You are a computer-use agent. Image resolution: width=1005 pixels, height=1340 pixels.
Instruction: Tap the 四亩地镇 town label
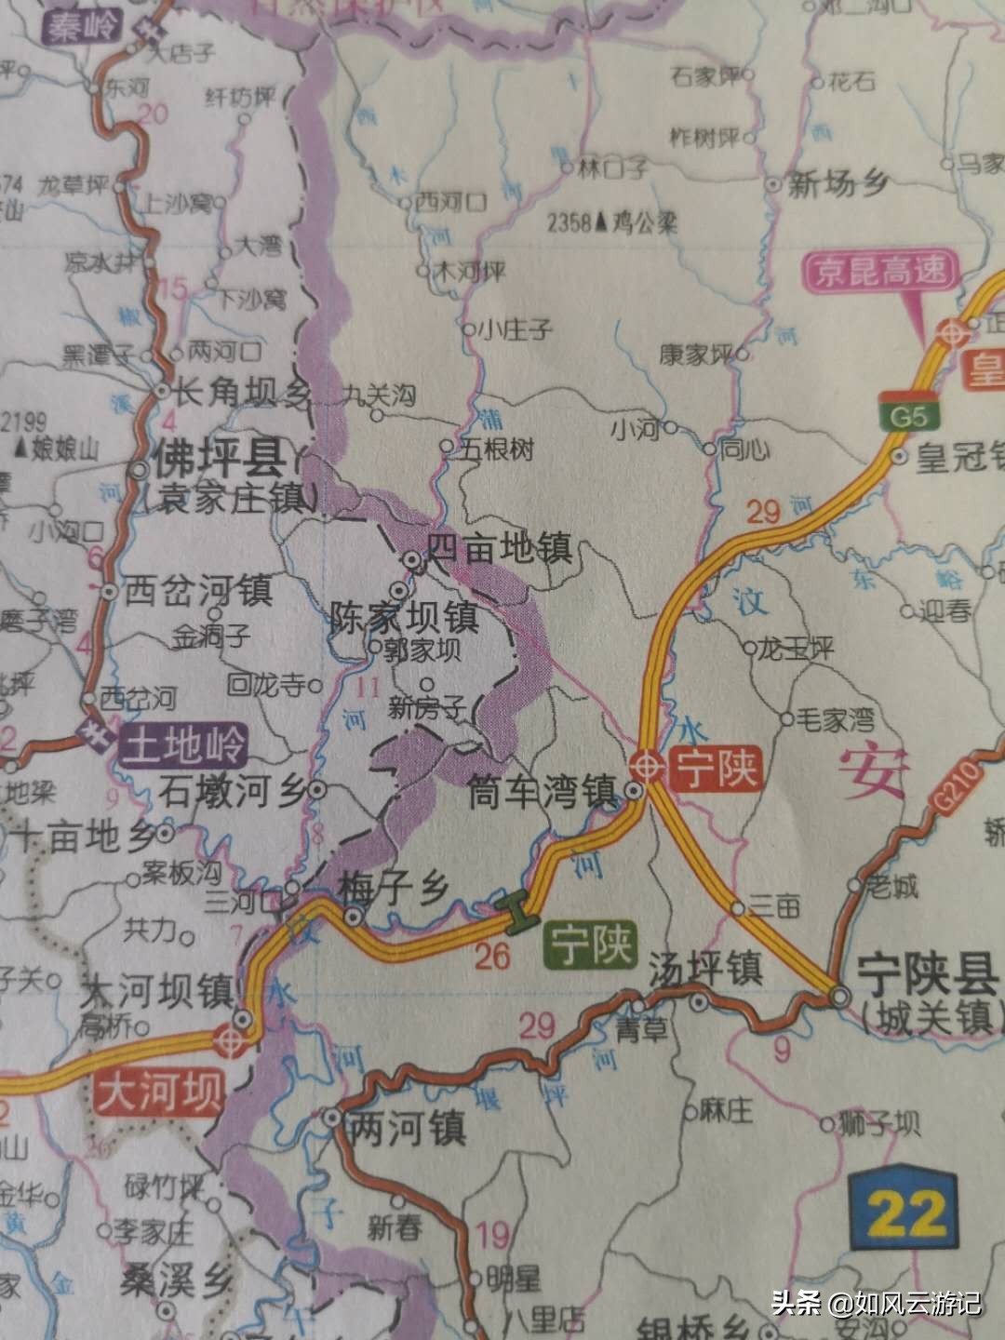(x=499, y=549)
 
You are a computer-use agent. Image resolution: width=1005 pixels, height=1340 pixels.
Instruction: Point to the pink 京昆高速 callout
(x=879, y=271)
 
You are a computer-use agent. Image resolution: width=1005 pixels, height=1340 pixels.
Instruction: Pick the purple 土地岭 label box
(x=182, y=745)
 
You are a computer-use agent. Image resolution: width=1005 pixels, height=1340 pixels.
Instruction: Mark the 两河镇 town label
(x=405, y=1130)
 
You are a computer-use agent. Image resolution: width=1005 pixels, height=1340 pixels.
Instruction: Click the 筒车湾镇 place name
(x=543, y=793)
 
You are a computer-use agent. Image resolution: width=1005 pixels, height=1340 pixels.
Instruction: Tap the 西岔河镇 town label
(x=196, y=590)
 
